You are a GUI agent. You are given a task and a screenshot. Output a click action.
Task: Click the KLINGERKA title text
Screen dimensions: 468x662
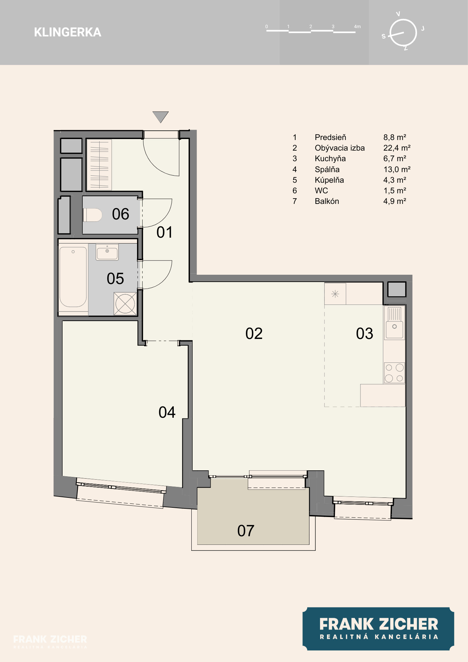pos(68,32)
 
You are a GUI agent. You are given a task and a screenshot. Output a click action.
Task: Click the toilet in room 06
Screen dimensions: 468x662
pos(92,215)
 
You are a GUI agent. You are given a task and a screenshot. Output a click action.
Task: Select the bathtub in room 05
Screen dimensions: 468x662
pos(73,277)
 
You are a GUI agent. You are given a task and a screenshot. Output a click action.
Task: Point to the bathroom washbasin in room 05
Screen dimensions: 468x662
pos(107,252)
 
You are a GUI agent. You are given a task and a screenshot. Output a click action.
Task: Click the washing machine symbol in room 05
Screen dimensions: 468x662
pos(125,303)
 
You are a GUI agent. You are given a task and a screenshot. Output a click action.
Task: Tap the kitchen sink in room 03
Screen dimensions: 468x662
pos(395,323)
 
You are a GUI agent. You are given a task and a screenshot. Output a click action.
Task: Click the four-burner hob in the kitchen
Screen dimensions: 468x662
pos(395,373)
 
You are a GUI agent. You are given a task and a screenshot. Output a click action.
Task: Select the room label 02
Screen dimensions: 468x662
pos(254,333)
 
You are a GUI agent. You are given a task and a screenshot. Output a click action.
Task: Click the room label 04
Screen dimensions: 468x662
pos(167,412)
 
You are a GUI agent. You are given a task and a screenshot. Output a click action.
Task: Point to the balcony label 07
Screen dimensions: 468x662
pos(246,531)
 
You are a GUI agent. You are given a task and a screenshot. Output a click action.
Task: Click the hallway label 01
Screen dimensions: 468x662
pos(164,232)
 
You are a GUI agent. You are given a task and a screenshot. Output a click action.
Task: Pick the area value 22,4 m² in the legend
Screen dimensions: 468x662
pos(397,148)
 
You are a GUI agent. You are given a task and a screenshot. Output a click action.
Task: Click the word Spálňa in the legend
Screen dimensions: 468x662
pos(327,169)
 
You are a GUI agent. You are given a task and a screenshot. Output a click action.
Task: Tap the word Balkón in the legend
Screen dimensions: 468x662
pos(327,201)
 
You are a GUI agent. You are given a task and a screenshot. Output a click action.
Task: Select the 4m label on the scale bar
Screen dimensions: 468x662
pos(357,26)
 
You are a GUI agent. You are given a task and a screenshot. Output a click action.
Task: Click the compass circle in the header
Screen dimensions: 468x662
pos(403,33)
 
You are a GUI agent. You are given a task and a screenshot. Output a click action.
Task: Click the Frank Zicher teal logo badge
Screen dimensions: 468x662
pos(378,629)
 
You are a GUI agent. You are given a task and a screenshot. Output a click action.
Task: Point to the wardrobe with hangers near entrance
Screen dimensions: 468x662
pos(99,165)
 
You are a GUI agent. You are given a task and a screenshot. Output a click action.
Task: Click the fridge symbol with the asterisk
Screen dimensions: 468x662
pos(335,294)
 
